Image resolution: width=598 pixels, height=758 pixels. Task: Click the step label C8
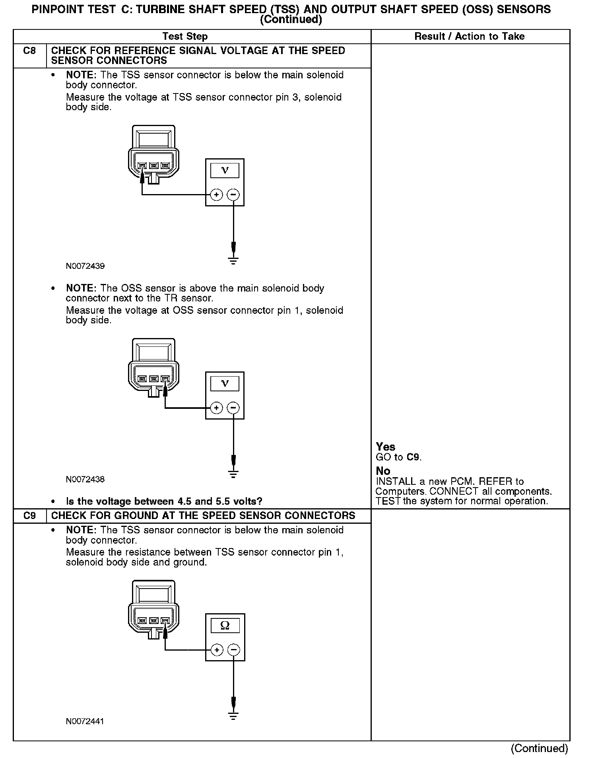point(29,51)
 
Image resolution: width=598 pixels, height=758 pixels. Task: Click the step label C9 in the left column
point(29,516)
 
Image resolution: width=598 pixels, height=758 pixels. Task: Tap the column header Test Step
point(185,37)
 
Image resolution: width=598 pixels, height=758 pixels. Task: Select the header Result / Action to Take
point(470,37)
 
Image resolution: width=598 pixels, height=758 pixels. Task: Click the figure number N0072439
point(85,266)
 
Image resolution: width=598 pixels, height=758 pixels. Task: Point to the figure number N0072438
point(85,479)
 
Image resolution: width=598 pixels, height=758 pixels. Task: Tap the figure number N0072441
point(85,721)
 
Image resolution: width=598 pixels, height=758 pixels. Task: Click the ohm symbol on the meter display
point(225,626)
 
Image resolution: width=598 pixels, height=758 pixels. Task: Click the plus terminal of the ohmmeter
point(217,650)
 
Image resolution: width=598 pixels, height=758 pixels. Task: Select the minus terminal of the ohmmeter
point(233,650)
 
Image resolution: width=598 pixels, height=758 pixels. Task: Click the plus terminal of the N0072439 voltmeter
point(216,195)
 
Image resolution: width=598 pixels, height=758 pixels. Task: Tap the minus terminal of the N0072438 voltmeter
point(233,408)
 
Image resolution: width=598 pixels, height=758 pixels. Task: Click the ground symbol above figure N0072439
point(233,261)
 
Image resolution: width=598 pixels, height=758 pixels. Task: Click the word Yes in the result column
point(386,447)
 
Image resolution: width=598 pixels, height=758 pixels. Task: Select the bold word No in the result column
point(383,471)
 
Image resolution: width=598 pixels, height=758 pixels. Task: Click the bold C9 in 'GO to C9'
point(413,457)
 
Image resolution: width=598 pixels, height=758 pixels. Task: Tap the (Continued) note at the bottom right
point(540,748)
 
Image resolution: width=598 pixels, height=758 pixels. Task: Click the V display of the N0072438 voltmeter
point(225,384)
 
